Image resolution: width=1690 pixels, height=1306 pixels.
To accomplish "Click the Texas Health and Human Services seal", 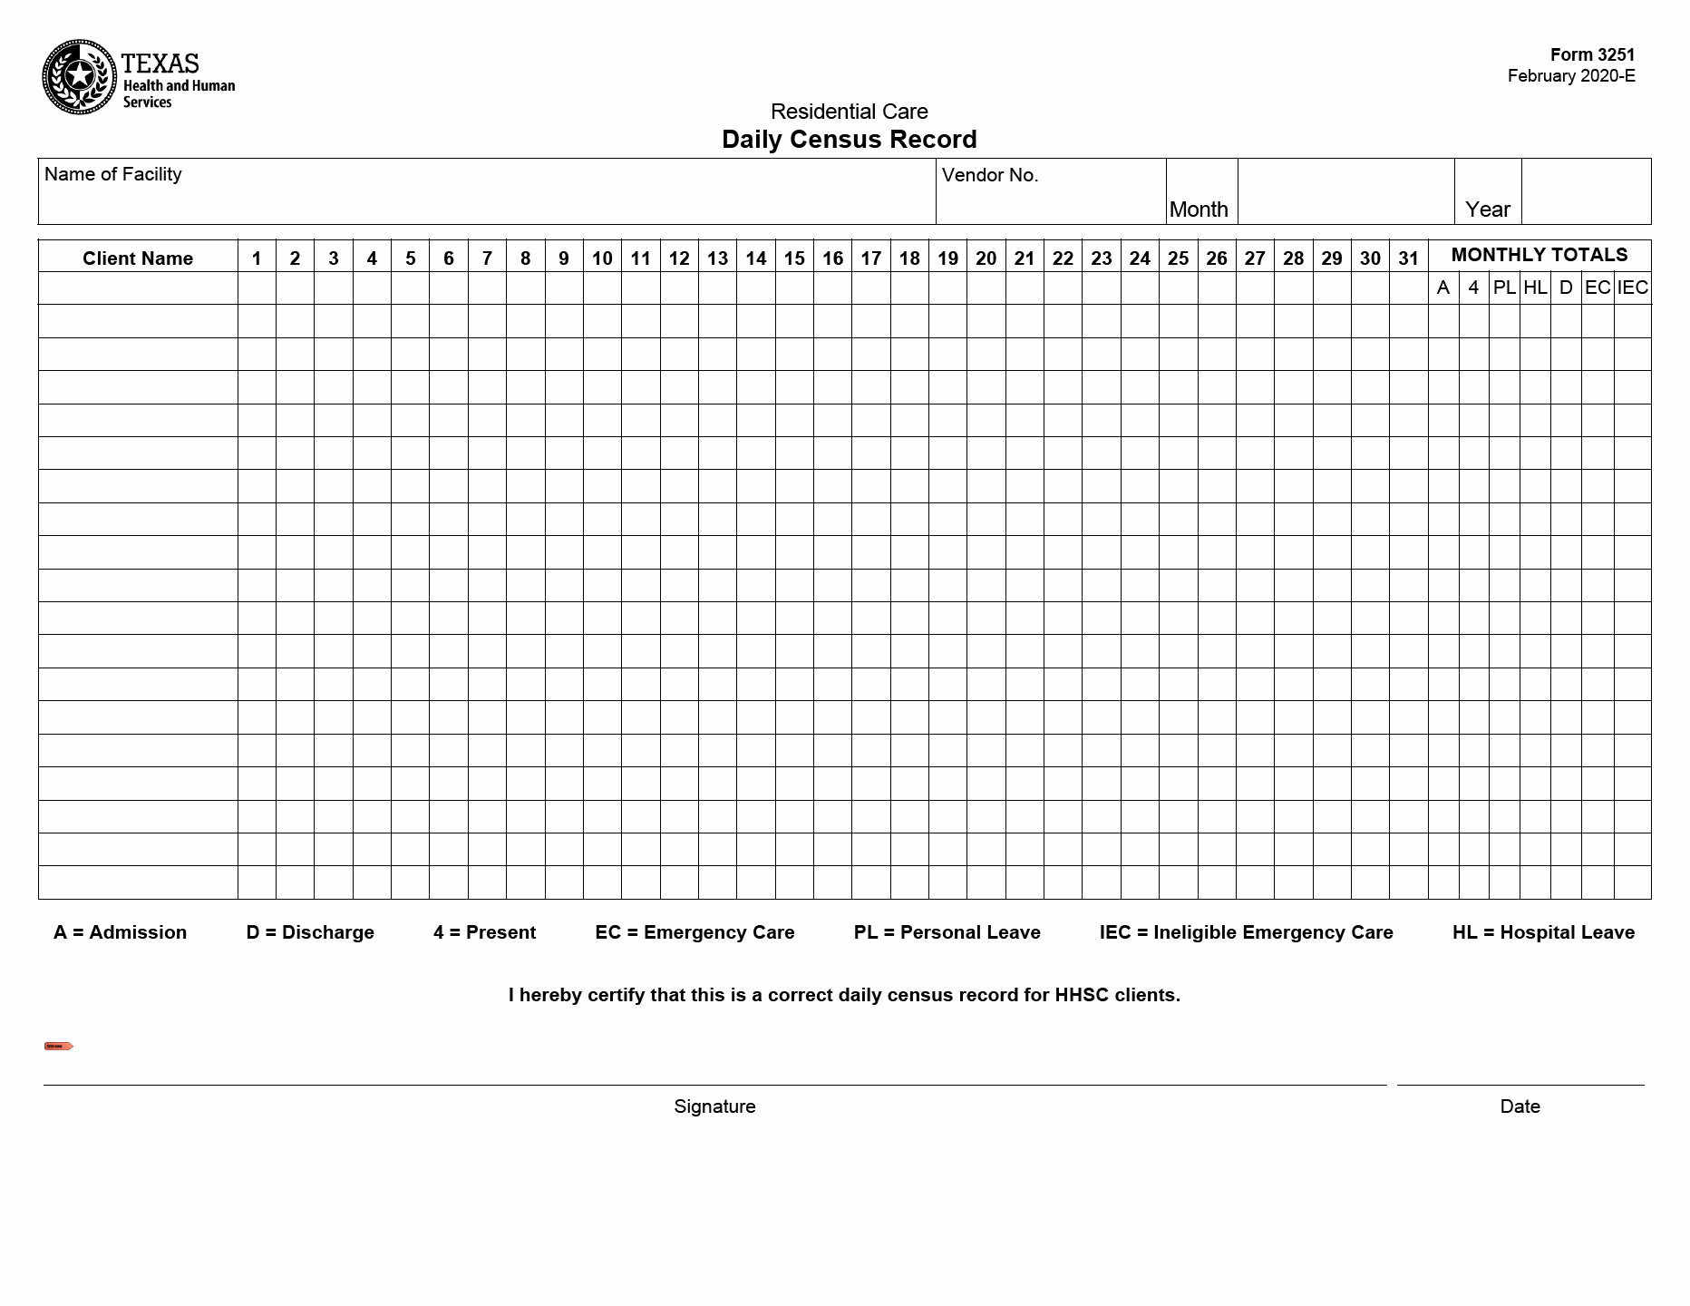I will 80,77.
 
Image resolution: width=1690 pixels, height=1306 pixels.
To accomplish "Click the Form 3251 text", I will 1592,54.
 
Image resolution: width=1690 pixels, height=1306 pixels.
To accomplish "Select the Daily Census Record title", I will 849,140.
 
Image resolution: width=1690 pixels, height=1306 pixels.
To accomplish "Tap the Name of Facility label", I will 112,174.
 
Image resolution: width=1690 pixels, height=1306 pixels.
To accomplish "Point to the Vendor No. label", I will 989,175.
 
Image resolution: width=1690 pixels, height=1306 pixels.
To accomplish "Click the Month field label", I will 1199,210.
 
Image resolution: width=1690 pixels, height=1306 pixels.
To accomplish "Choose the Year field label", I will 1487,210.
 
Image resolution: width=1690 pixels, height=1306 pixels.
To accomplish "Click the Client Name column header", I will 138,258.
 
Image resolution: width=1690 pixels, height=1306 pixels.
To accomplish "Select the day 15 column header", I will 794,258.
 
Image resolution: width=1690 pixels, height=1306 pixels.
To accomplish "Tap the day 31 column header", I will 1408,258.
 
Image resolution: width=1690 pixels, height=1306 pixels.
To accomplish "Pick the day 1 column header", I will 257,258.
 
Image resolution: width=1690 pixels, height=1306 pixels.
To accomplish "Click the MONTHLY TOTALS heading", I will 1539,255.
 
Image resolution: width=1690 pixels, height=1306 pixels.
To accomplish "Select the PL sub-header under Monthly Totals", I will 1504,288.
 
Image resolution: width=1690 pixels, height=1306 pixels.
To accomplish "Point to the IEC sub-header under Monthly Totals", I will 1632,288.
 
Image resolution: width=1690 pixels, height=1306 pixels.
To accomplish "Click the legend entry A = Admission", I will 120,932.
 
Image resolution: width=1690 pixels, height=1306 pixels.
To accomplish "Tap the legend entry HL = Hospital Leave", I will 1543,932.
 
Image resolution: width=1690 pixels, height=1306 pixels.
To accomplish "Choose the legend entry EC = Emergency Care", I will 694,932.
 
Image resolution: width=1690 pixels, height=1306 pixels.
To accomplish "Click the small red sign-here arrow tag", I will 58,1046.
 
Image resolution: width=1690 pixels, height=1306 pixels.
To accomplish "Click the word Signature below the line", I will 714,1106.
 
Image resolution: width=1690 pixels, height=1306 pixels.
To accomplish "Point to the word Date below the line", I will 1520,1106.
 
